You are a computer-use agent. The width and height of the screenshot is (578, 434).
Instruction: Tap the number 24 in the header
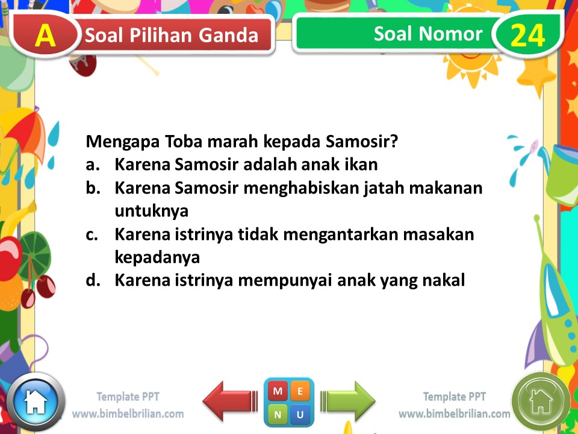tap(527, 36)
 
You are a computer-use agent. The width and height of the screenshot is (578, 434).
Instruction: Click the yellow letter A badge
tap(45, 36)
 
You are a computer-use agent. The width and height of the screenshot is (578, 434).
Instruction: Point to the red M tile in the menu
tap(278, 391)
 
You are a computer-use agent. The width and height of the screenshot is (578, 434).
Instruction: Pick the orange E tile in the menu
tap(300, 391)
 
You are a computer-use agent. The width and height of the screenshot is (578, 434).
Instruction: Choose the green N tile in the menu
tap(278, 414)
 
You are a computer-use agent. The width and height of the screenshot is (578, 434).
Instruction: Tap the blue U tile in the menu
tap(300, 414)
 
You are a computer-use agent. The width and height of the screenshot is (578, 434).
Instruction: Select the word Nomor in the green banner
tap(459, 34)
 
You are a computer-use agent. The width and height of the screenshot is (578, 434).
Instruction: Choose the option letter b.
tap(92, 187)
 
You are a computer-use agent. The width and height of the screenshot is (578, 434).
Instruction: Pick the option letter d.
tap(92, 280)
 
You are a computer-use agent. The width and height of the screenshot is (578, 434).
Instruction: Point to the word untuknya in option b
tap(152, 211)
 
